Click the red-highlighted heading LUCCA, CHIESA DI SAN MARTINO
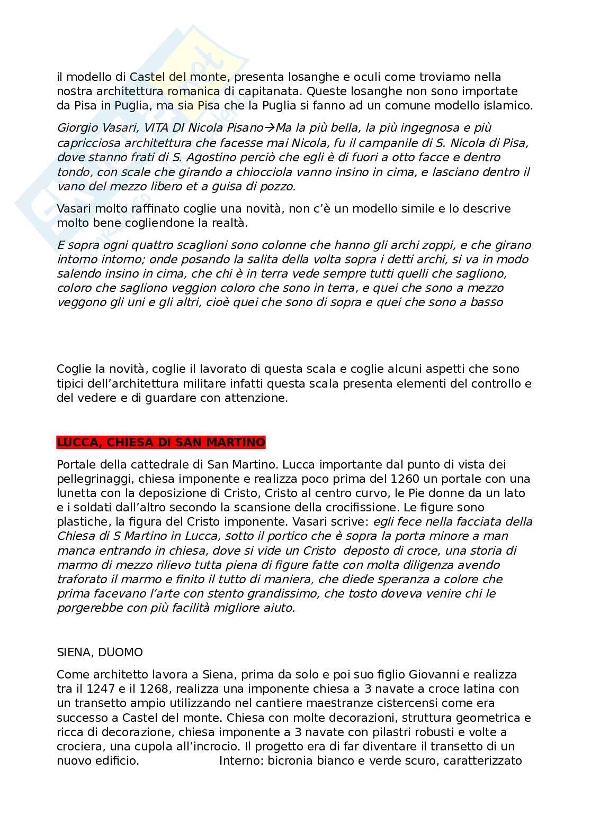[161, 442]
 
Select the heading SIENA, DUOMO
[100, 653]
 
